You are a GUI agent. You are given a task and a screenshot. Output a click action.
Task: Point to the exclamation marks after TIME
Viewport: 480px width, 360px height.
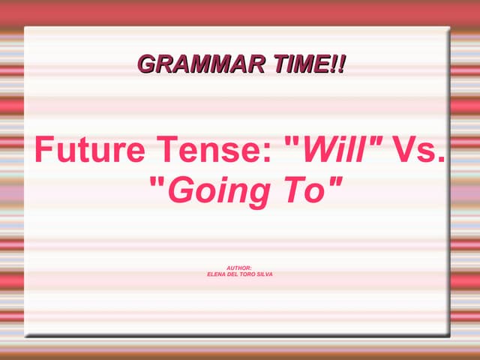tap(337, 64)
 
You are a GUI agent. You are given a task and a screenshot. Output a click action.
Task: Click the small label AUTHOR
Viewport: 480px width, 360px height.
tap(239, 268)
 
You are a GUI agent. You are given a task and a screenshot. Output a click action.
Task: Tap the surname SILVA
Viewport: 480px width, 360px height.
tap(265, 274)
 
